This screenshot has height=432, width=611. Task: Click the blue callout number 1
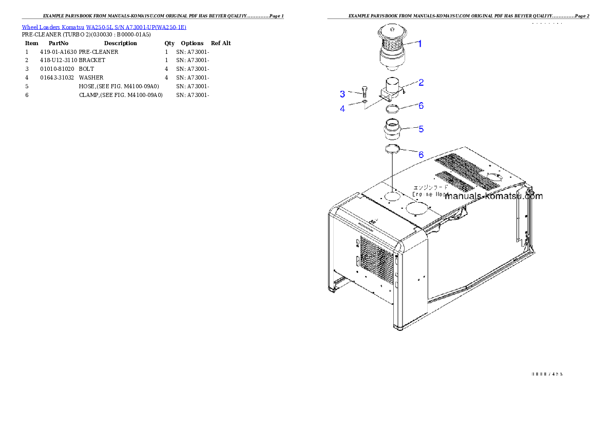point(419,44)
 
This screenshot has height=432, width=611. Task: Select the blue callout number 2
point(421,82)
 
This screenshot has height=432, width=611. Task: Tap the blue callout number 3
point(342,94)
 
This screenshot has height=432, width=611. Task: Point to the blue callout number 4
point(342,109)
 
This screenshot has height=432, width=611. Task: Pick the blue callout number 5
point(421,129)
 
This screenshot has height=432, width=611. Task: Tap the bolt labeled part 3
point(364,93)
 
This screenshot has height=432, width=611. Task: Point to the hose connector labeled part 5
point(392,130)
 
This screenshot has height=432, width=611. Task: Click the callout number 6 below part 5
point(421,154)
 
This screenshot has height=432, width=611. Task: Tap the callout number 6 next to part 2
point(421,106)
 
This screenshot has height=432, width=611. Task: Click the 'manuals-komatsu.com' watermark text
point(493,196)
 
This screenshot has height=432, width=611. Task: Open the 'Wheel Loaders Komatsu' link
point(53,27)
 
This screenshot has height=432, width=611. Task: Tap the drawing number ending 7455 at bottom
point(547,374)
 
